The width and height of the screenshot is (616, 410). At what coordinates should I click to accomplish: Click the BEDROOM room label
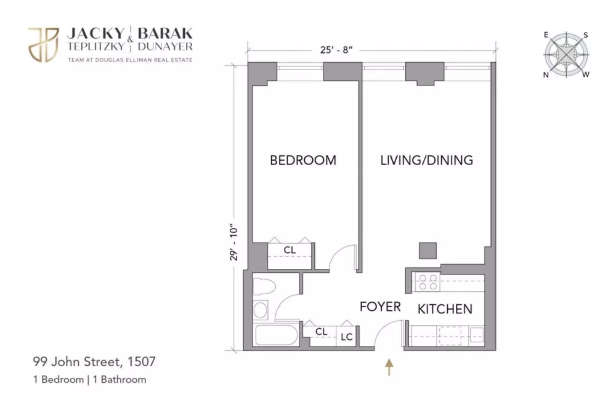[303, 160]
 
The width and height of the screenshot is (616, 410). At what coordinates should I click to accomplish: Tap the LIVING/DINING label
[427, 160]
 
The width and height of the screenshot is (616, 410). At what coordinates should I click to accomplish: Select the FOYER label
[380, 307]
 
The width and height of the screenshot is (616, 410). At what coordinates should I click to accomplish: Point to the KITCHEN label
[445, 309]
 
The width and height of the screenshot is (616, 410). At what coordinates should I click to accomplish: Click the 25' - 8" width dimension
[336, 50]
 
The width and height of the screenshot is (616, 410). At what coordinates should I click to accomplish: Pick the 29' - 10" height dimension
[234, 243]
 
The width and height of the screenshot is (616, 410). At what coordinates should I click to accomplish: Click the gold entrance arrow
[389, 366]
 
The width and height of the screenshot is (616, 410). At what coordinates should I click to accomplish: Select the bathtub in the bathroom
[275, 335]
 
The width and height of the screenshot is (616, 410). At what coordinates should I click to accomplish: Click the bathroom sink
[261, 310]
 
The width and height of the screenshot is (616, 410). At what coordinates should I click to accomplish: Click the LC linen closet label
[346, 337]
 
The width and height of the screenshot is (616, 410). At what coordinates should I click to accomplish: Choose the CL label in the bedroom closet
[290, 250]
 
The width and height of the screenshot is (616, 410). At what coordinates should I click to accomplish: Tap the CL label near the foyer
[321, 332]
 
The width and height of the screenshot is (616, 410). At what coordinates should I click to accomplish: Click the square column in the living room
[428, 251]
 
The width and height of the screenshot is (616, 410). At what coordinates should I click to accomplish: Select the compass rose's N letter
[546, 75]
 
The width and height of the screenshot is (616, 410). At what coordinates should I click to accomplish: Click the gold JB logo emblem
[44, 44]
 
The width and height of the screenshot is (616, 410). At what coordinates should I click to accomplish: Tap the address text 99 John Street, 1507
[94, 361]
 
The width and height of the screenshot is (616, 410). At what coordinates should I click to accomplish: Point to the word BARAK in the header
[165, 33]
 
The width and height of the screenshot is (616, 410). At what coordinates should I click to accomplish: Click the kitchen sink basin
[477, 335]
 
